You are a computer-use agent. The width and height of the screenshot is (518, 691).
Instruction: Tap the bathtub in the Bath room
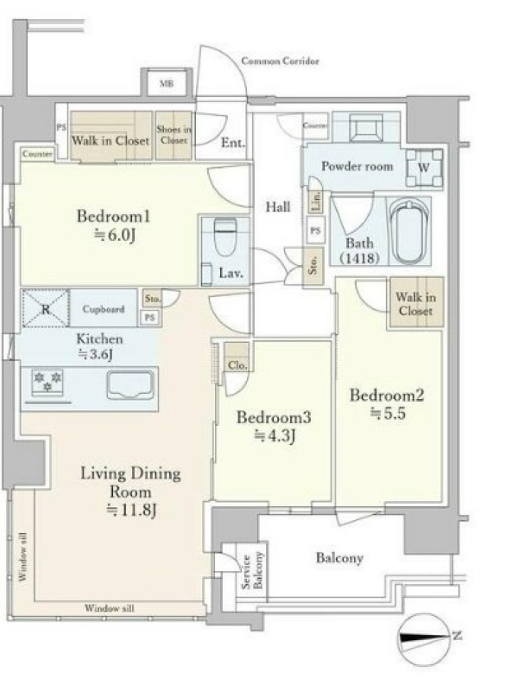click(409, 231)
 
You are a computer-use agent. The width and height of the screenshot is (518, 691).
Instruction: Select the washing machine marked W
click(424, 168)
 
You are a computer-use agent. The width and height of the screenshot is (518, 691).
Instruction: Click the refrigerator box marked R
click(46, 308)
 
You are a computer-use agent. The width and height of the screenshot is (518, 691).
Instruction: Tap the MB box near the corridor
click(166, 83)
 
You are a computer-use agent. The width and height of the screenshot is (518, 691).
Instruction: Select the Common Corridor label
click(280, 60)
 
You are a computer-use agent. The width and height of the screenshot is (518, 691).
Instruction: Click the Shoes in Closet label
click(174, 135)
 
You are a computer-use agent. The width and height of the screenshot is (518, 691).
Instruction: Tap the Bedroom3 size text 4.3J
click(275, 436)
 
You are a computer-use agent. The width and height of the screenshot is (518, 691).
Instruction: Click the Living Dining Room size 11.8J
click(132, 510)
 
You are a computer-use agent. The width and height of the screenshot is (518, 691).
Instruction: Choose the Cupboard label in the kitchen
click(104, 309)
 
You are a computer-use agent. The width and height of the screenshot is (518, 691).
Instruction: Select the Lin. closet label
click(316, 201)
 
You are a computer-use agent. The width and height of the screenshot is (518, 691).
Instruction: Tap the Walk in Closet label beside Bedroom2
click(416, 304)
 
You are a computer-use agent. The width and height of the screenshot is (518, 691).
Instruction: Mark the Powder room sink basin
click(365, 127)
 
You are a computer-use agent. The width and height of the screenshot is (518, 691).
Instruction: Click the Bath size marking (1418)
click(360, 257)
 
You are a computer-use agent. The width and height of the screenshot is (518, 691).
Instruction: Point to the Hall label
click(278, 206)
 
